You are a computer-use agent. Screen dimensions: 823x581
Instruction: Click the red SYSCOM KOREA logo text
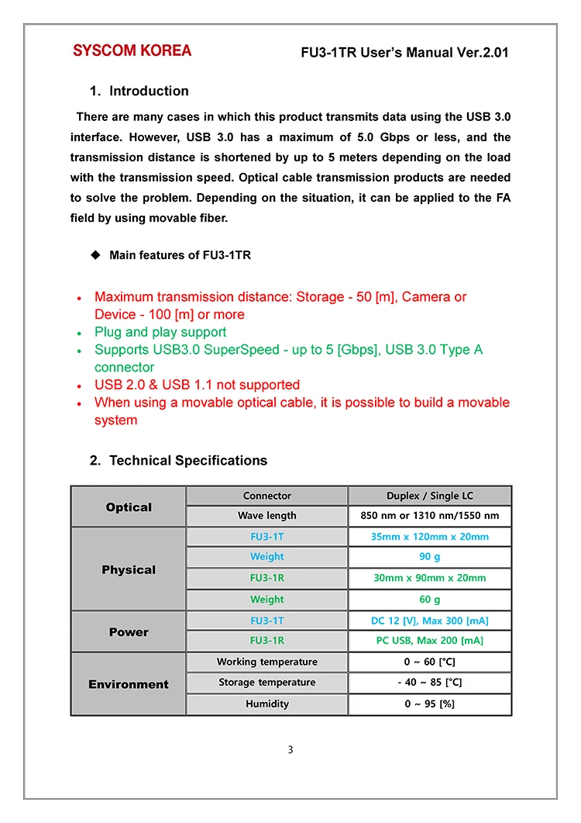click(x=132, y=51)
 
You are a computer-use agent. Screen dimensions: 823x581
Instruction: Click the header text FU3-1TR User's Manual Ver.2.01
click(x=404, y=53)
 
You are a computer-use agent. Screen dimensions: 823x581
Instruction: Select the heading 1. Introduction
click(x=139, y=91)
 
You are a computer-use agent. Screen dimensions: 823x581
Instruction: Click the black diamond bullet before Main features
click(x=96, y=255)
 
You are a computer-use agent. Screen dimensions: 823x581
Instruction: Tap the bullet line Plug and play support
click(x=160, y=332)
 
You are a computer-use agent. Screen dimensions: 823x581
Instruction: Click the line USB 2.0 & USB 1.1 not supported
click(x=197, y=385)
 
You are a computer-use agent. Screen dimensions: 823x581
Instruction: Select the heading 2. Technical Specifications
click(x=178, y=461)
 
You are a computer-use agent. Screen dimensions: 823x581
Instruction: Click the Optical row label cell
click(x=129, y=507)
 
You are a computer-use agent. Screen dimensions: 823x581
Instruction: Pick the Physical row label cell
click(x=129, y=569)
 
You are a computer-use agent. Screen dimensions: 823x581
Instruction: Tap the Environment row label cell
click(x=129, y=684)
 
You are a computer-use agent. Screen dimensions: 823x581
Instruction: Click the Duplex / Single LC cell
click(x=429, y=496)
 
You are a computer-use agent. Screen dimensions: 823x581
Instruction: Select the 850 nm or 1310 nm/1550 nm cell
click(x=429, y=516)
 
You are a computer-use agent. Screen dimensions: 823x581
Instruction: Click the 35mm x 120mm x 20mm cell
click(x=429, y=537)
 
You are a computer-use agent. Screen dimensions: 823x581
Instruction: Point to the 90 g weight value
click(x=429, y=557)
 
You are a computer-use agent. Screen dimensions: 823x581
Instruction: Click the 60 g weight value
click(x=429, y=600)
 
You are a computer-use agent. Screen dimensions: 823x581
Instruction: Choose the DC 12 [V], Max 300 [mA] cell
click(x=429, y=621)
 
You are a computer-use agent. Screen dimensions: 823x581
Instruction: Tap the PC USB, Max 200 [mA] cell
click(x=429, y=641)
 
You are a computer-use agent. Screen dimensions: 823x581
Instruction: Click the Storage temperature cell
click(x=266, y=683)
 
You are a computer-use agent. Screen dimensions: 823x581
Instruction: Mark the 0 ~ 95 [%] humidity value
click(x=429, y=704)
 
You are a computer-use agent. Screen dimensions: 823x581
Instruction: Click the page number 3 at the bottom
click(x=290, y=749)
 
